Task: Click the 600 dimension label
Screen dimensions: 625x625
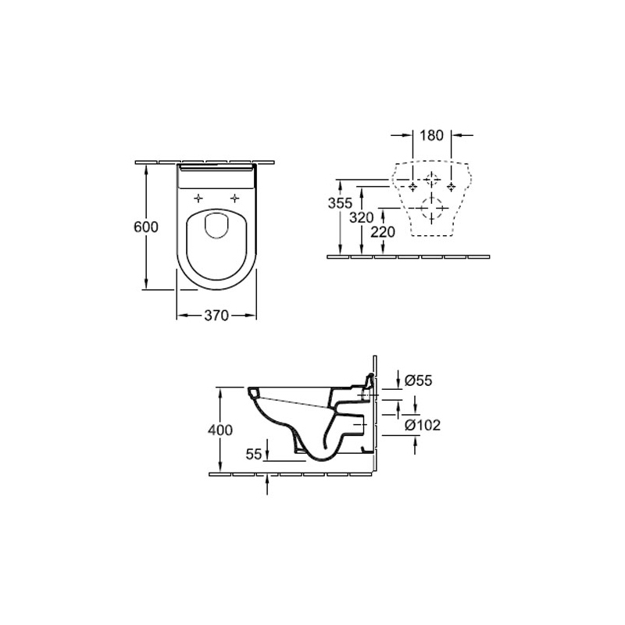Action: [x=146, y=227]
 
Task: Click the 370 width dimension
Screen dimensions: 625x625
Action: [x=216, y=316]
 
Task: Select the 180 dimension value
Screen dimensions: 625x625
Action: [x=432, y=135]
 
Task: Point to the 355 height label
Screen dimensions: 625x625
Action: [x=340, y=203]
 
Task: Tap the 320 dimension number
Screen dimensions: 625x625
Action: [x=362, y=218]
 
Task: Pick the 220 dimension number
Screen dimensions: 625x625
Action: [x=383, y=231]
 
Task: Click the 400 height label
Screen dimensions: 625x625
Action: [x=220, y=430]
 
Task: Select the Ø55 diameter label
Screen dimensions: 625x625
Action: [x=419, y=380]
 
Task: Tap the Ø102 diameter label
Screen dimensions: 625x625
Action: [x=423, y=425]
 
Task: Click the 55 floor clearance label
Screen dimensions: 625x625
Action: [x=254, y=454]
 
